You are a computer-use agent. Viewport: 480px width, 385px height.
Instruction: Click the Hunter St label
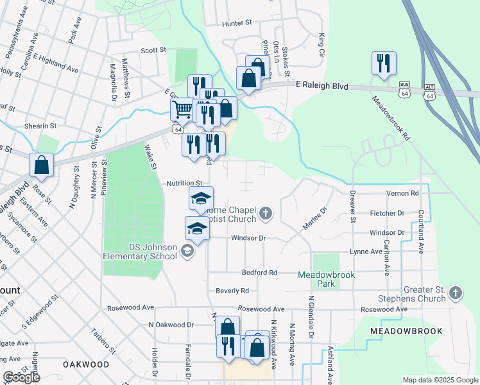click(x=236, y=23)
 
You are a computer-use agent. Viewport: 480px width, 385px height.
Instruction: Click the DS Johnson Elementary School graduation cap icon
click(x=187, y=250)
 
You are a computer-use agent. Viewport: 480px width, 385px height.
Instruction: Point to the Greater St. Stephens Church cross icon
click(x=455, y=293)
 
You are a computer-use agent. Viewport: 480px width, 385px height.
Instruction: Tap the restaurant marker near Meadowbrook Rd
click(x=384, y=64)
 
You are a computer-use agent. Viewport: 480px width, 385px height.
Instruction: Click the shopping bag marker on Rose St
click(x=42, y=164)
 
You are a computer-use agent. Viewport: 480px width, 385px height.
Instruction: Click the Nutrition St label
click(x=185, y=183)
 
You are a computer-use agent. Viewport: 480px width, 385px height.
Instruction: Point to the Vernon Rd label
click(x=402, y=193)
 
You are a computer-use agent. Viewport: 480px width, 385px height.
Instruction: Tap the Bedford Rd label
click(x=259, y=273)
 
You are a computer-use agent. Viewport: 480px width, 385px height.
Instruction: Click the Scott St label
click(x=153, y=49)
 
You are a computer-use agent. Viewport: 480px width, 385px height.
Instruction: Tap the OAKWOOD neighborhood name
click(x=86, y=364)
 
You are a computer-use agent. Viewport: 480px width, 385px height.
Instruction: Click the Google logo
click(x=21, y=377)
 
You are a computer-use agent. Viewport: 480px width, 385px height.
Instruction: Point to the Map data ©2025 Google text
click(x=440, y=380)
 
